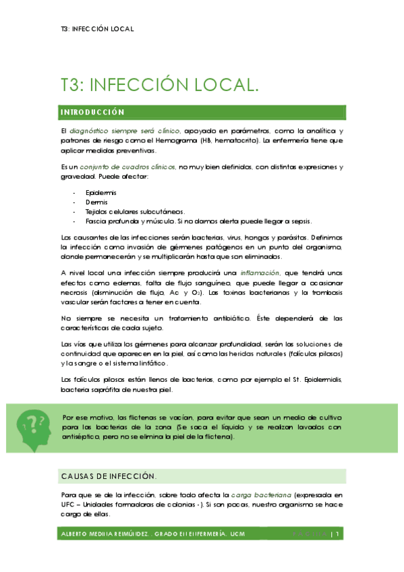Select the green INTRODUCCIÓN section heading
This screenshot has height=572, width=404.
pos(92,111)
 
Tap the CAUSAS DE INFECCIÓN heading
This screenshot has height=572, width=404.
pos(108,476)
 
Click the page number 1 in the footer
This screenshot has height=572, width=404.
pos(335,534)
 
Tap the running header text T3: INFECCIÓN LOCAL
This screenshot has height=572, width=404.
pos(97,29)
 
